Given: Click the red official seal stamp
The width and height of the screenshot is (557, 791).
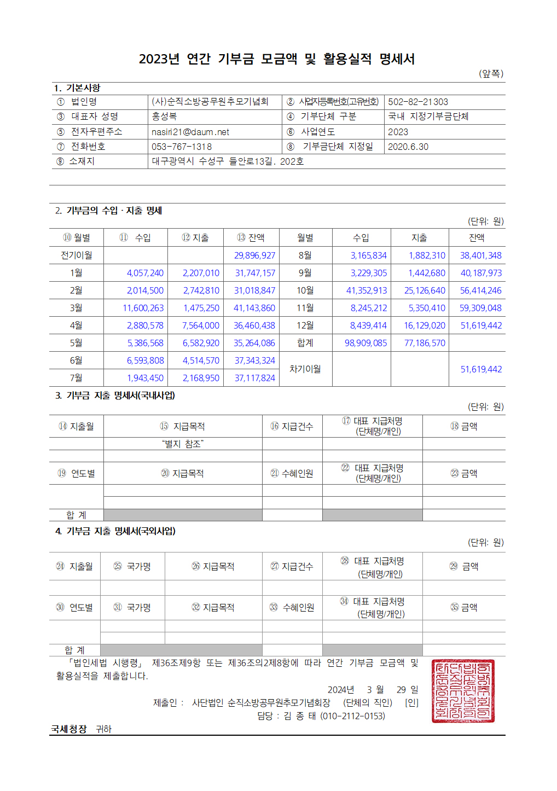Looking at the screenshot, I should pyautogui.click(x=462, y=691).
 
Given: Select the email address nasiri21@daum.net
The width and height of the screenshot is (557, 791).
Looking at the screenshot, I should pyautogui.click(x=190, y=132).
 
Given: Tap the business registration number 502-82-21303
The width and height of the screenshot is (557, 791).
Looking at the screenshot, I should pyautogui.click(x=418, y=102).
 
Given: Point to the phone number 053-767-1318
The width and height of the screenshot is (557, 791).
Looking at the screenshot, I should pyautogui.click(x=182, y=147).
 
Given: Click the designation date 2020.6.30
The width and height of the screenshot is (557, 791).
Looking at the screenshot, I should pyautogui.click(x=408, y=147).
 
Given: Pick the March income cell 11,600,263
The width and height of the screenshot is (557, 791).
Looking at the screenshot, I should pyautogui.click(x=143, y=308).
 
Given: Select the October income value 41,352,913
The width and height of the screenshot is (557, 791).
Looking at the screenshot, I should pyautogui.click(x=366, y=290).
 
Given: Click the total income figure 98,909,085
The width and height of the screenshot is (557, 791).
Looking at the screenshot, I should pyautogui.click(x=365, y=343).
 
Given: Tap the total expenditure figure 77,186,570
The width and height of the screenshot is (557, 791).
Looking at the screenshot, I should pyautogui.click(x=425, y=343).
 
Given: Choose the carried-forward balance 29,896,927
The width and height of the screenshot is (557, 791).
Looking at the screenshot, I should pyautogui.click(x=254, y=255).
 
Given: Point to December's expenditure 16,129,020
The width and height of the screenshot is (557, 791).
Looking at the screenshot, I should pyautogui.click(x=425, y=325).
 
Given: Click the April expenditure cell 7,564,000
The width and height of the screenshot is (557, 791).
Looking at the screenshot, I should pyautogui.click(x=201, y=325).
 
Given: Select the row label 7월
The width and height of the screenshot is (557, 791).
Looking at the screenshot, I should pyautogui.click(x=76, y=378).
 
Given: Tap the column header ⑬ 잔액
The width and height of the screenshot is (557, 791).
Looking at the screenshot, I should pyautogui.click(x=251, y=237).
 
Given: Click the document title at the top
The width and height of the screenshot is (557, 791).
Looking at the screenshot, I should pyautogui.click(x=277, y=59).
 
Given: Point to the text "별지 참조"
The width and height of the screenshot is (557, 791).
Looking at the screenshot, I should pyautogui.click(x=183, y=444).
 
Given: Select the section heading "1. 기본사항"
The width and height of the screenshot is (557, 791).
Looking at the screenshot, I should pyautogui.click(x=77, y=88).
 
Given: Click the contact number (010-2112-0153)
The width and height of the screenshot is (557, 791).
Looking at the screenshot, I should pyautogui.click(x=352, y=716).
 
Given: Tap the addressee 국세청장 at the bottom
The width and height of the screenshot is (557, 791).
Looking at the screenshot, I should pyautogui.click(x=69, y=729).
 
